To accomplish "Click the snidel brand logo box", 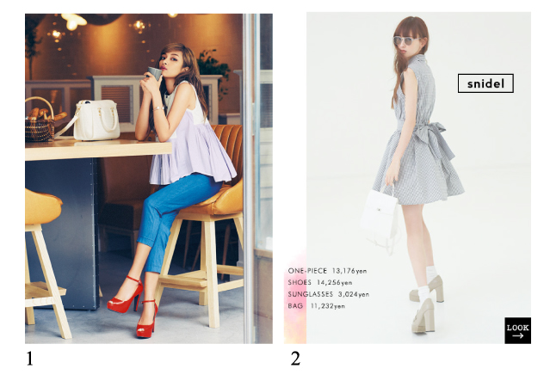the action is [x=485, y=83].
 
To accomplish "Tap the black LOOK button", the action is [x=517, y=330].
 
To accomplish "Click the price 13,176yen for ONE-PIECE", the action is [x=349, y=271].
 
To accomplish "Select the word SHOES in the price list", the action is [x=300, y=282].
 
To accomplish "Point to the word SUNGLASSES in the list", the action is [x=310, y=294].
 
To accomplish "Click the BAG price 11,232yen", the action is [x=327, y=306].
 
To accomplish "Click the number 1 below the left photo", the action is [x=29, y=359].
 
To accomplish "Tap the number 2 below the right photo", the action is [x=295, y=359].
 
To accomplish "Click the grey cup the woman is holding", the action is [x=154, y=72].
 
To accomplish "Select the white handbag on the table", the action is [x=96, y=120].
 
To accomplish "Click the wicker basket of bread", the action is [x=40, y=120].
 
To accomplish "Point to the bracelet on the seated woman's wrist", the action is [x=158, y=108].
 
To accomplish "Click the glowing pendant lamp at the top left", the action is [x=73, y=21].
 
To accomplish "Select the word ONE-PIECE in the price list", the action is [x=307, y=271].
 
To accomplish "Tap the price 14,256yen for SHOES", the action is [x=335, y=283].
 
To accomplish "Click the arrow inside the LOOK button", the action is [x=517, y=335].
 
